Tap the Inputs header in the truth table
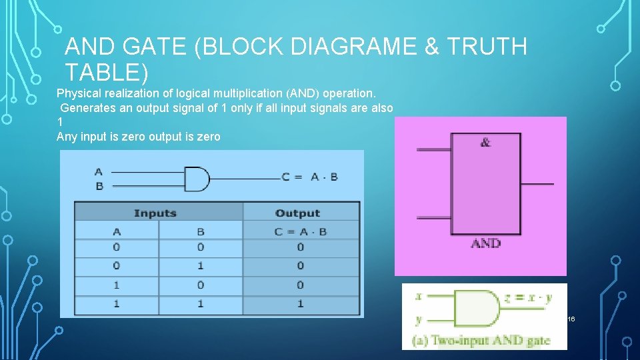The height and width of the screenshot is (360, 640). point(155,213)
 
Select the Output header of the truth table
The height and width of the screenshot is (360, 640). point(297,213)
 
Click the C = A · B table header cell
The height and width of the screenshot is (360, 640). point(300,231)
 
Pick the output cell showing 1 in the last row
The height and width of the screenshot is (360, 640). point(300,303)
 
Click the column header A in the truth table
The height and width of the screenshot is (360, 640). point(117,231)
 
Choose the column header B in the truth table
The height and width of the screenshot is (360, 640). point(201,231)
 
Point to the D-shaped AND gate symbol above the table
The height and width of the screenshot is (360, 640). point(196,179)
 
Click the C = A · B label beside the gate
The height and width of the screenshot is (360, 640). point(309,177)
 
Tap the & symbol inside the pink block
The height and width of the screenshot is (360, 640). point(485,142)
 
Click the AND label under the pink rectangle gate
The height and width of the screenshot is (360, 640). point(485,244)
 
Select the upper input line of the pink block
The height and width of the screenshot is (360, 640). point(433,149)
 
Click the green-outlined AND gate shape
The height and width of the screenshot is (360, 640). point(476,307)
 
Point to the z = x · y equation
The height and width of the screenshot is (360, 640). point(529,298)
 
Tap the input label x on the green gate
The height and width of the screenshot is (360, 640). point(418,296)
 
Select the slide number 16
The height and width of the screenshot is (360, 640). point(571,320)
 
